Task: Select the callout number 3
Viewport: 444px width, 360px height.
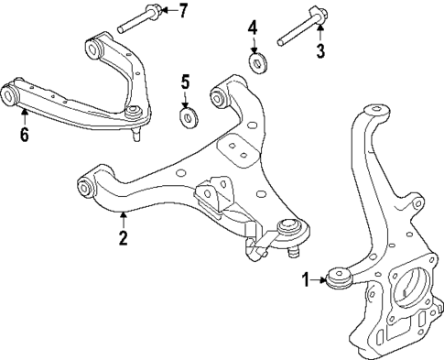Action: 320,51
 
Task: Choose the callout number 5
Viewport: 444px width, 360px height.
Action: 186,83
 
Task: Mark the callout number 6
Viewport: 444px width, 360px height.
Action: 24,136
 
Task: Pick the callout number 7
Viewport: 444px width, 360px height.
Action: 182,11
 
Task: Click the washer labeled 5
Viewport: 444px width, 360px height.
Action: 189,116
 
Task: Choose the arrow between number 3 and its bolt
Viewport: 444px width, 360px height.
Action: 320,36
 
